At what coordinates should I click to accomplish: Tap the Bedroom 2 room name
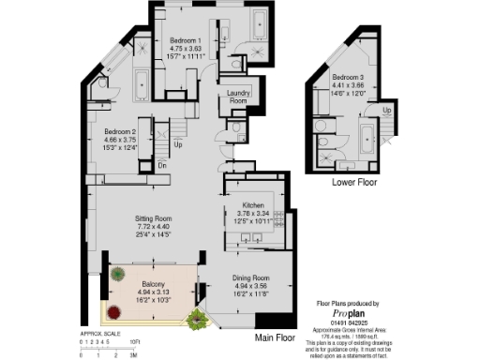click(121, 131)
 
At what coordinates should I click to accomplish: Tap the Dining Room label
click(249, 278)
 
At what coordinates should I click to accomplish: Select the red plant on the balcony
click(118, 275)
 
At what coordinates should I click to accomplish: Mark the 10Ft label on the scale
click(135, 342)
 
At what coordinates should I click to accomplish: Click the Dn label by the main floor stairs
click(162, 165)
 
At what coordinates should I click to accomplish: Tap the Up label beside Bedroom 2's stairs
click(179, 145)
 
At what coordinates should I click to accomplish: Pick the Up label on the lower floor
click(387, 111)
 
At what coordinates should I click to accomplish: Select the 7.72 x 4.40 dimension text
click(155, 226)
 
